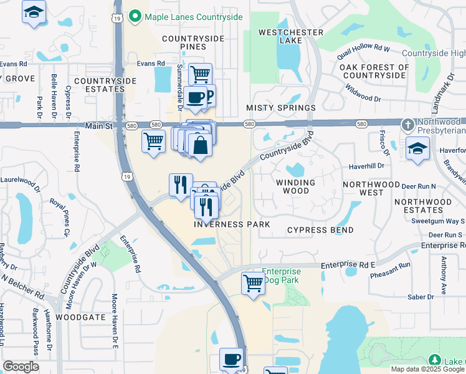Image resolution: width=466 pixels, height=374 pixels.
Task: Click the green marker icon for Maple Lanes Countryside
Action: tap(135, 17)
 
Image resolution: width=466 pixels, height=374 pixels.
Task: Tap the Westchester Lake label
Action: tap(291, 36)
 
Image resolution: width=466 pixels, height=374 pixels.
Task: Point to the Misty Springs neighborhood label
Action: tap(280, 108)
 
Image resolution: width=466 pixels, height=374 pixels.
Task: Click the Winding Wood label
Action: tap(297, 186)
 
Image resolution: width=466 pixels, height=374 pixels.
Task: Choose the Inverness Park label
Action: tap(232, 224)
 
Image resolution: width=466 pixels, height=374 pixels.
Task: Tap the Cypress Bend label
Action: tap(320, 230)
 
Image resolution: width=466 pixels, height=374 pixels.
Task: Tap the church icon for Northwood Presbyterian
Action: tap(407, 125)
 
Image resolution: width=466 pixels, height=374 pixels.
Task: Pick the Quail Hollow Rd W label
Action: tap(363, 48)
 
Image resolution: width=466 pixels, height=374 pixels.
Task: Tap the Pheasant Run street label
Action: tap(391, 265)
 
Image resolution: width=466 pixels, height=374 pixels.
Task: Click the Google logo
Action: tap(21, 367)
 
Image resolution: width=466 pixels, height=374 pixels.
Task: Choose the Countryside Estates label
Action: tap(100, 85)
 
